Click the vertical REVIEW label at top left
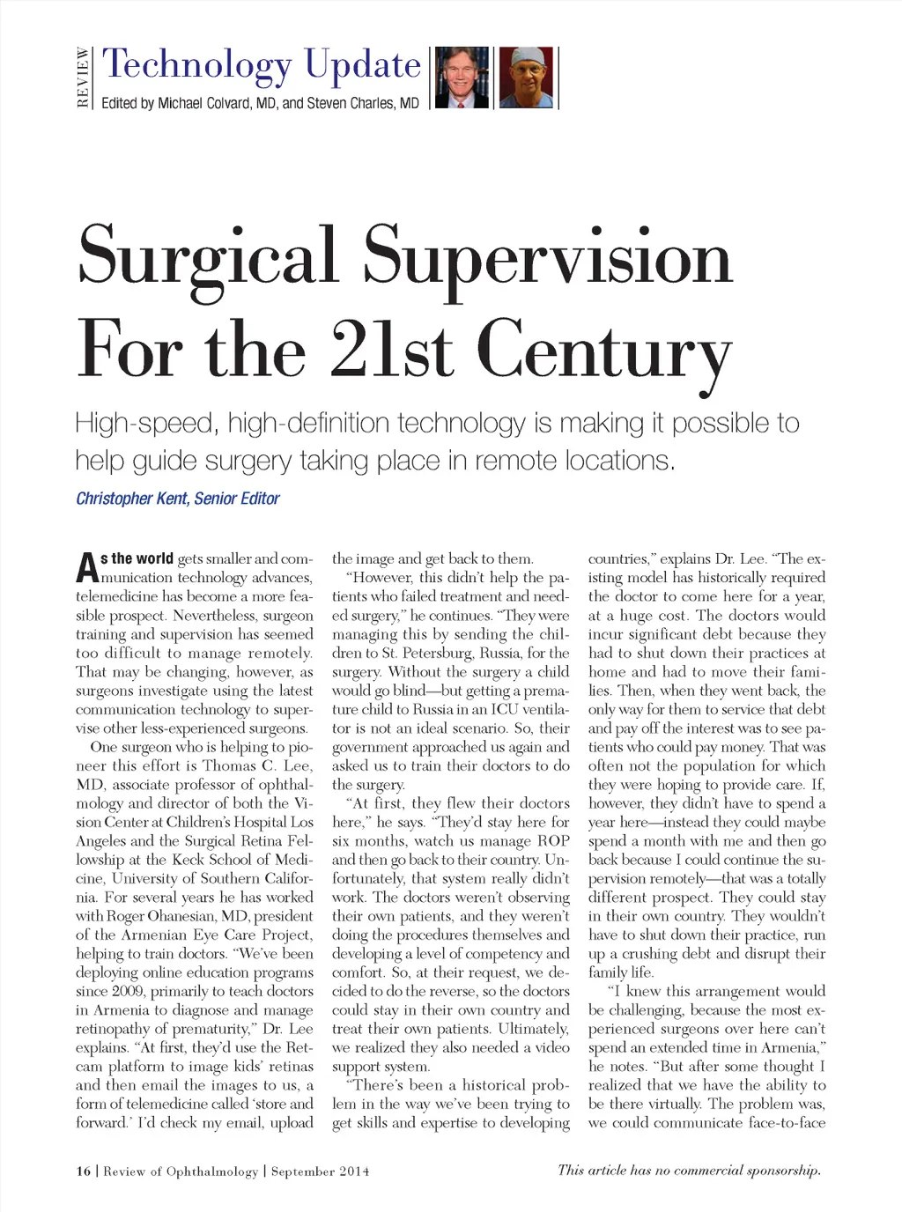(x=83, y=78)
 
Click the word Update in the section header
(x=363, y=65)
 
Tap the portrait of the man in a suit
(x=462, y=78)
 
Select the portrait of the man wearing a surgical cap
(x=526, y=78)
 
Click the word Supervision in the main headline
(x=547, y=257)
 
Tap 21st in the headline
(x=393, y=350)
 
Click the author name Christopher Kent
(x=131, y=499)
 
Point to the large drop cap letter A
(x=86, y=568)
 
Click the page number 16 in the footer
(x=84, y=1171)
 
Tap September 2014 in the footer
(x=320, y=1171)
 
